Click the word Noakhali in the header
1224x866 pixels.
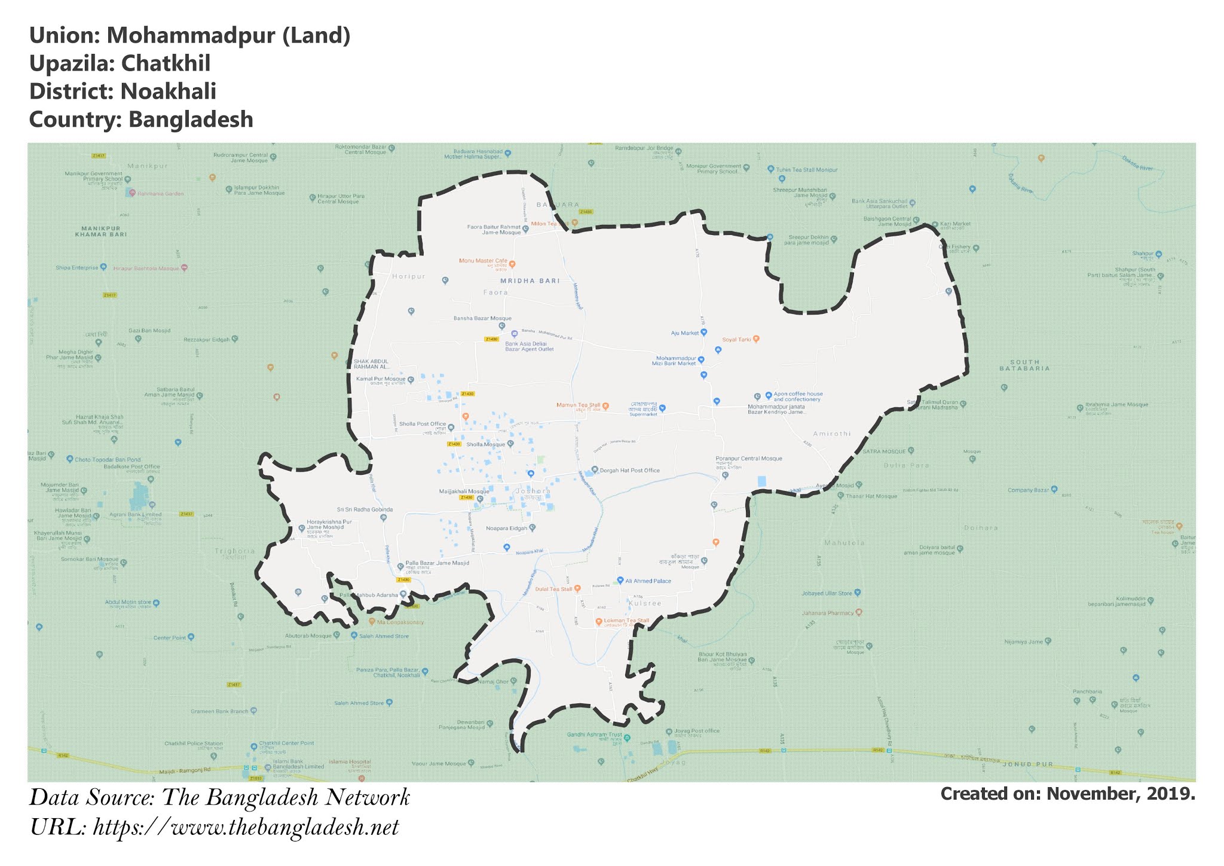point(168,92)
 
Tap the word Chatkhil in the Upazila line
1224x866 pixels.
point(166,63)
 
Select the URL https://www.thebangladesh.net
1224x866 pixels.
point(246,828)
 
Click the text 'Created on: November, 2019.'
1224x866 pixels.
point(1067,794)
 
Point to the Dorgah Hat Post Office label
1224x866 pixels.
point(630,470)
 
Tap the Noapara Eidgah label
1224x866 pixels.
point(507,528)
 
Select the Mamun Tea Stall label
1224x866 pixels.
point(578,405)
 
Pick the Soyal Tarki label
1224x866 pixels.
point(736,339)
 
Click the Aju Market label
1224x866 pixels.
point(685,333)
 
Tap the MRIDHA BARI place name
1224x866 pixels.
point(530,280)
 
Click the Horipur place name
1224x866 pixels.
point(409,276)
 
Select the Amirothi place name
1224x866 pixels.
point(831,434)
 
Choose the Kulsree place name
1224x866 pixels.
point(645,603)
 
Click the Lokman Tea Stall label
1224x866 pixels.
point(626,620)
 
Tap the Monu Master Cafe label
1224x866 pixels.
point(483,261)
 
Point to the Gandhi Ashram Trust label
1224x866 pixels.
point(595,734)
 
